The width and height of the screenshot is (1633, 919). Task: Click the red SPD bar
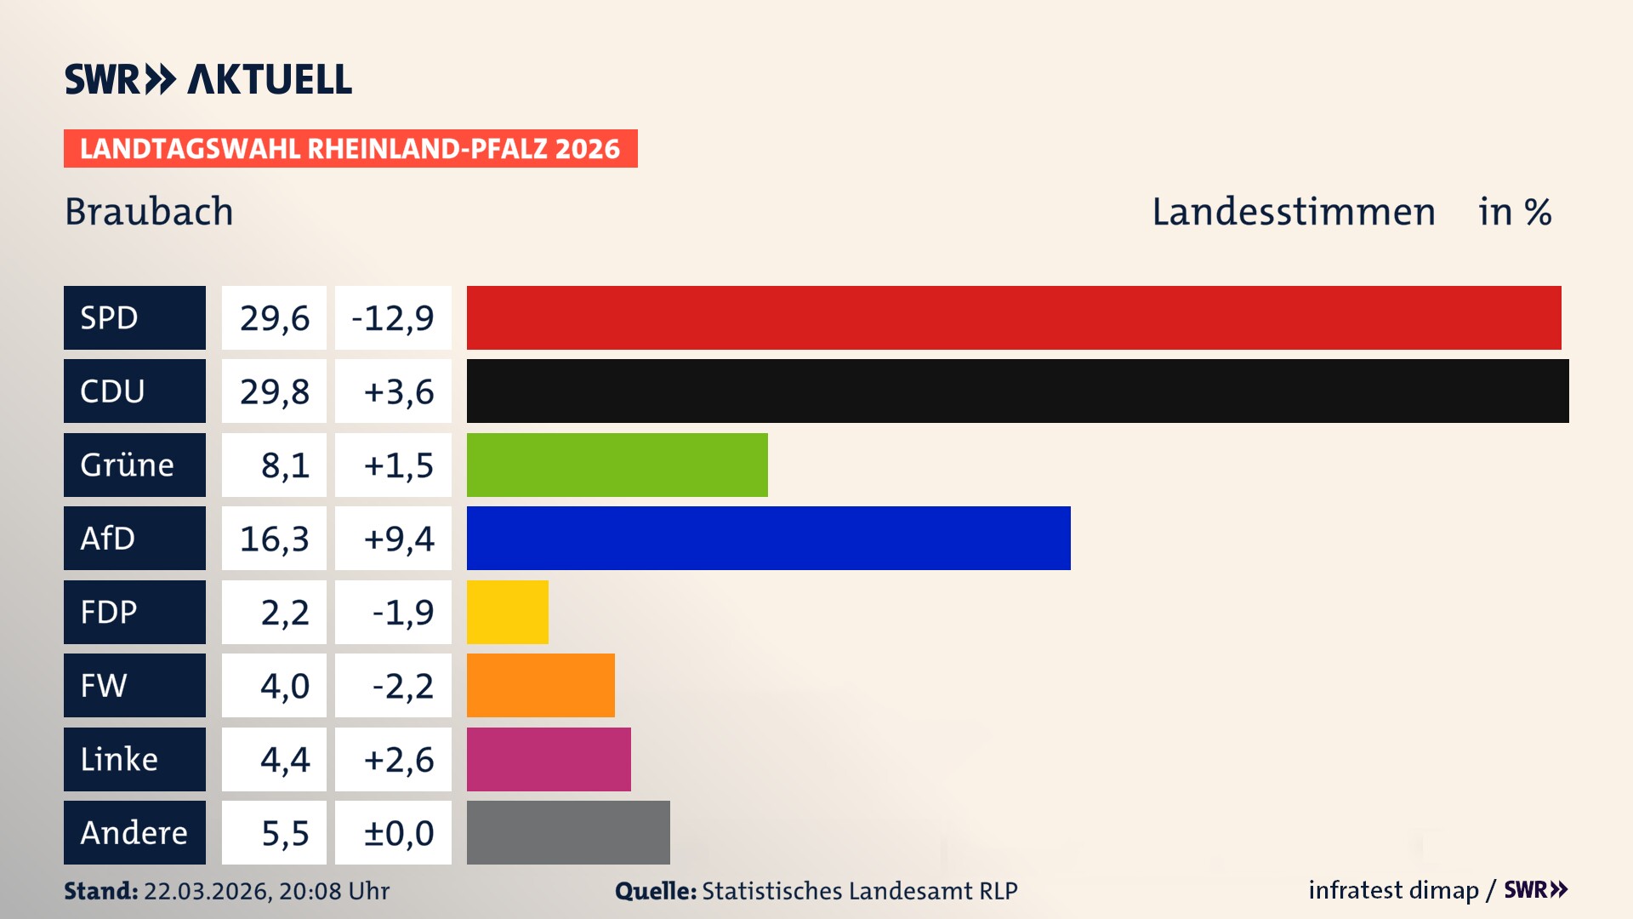(1014, 317)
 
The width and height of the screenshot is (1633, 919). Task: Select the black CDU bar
(1017, 391)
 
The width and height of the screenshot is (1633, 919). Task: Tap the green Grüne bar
(617, 465)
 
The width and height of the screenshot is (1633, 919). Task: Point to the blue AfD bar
(768, 538)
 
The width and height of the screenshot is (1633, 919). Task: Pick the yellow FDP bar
(507, 612)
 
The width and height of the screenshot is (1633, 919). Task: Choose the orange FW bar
(540, 685)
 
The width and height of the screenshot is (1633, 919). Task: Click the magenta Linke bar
(549, 759)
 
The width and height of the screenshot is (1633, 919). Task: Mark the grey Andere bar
(568, 832)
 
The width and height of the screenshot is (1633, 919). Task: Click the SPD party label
(134, 317)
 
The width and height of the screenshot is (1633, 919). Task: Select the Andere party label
(134, 832)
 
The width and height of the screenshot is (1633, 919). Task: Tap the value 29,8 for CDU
(274, 391)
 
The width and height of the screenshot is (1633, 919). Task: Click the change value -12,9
(393, 317)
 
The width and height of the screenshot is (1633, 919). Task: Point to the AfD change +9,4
(393, 538)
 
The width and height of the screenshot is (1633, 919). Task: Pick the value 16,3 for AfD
(274, 538)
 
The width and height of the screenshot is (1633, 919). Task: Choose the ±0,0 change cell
(393, 832)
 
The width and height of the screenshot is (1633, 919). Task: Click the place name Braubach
(149, 212)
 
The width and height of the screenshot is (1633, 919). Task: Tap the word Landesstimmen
(1293, 212)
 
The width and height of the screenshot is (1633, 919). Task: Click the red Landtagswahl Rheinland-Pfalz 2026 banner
(350, 149)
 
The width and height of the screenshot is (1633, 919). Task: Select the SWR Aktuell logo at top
(208, 79)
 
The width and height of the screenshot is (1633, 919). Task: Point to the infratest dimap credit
(1393, 890)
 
